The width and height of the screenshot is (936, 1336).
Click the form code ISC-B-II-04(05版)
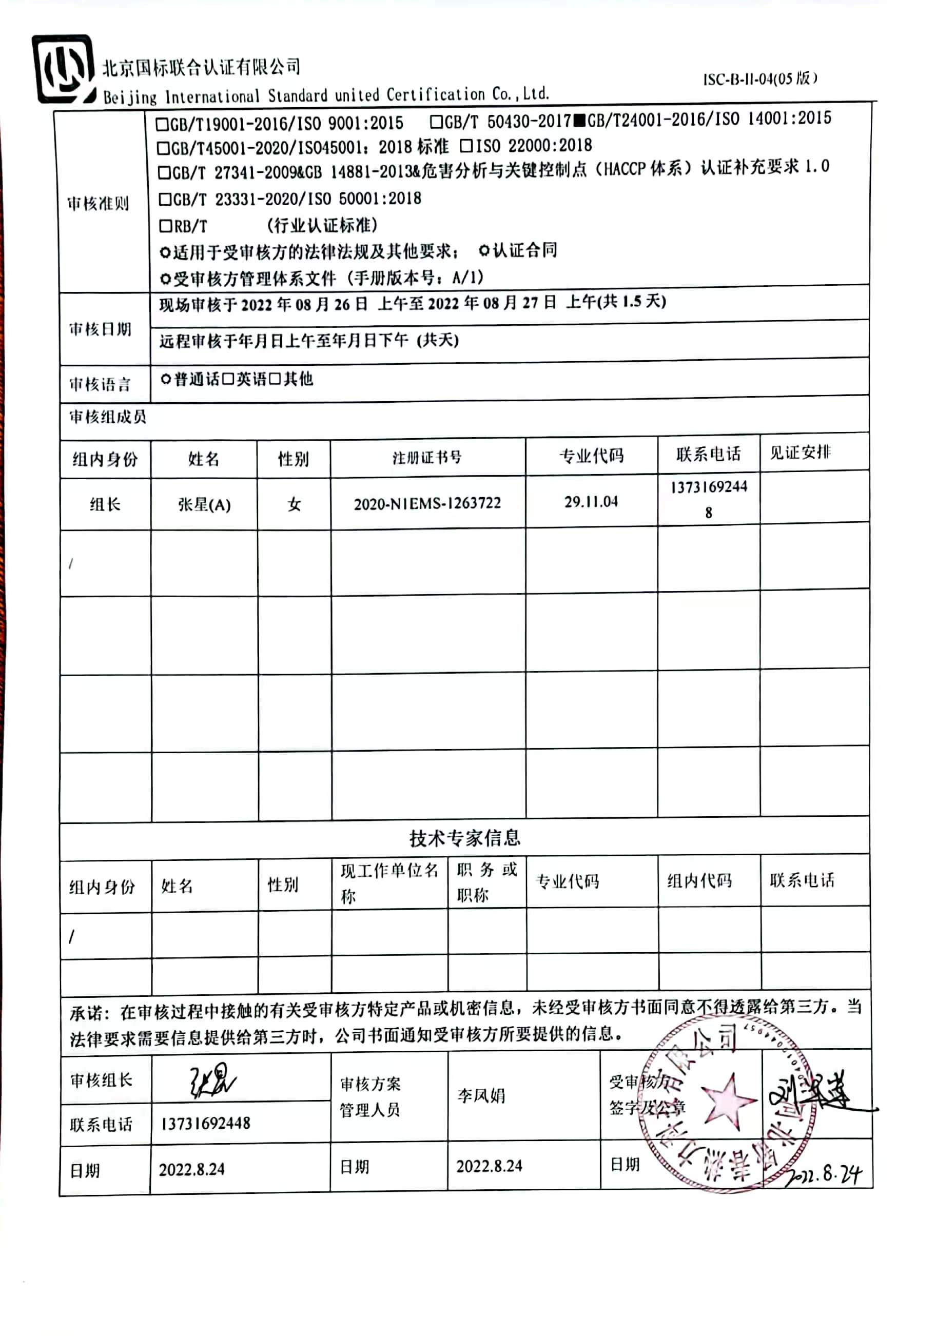pyautogui.click(x=759, y=78)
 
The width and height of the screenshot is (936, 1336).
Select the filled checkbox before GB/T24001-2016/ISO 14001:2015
pyautogui.click(x=579, y=121)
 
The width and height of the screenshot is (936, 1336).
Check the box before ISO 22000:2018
pyautogui.click(x=465, y=146)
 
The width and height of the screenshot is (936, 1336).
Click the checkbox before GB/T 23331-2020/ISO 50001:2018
pyautogui.click(x=165, y=200)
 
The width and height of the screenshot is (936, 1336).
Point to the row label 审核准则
pyautogui.click(x=98, y=204)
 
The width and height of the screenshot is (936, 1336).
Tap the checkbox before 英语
pyautogui.click(x=228, y=379)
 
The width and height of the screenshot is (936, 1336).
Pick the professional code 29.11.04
pyautogui.click(x=591, y=502)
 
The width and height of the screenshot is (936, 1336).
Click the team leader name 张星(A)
pyautogui.click(x=204, y=504)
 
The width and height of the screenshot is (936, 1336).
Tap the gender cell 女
pyautogui.click(x=294, y=504)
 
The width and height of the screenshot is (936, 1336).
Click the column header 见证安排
pyautogui.click(x=800, y=453)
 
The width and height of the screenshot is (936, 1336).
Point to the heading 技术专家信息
pyautogui.click(x=464, y=838)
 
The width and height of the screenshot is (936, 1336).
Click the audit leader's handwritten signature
pyautogui.click(x=212, y=1081)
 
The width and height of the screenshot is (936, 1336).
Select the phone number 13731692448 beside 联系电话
pyautogui.click(x=205, y=1123)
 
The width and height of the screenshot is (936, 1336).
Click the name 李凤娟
pyautogui.click(x=481, y=1096)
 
